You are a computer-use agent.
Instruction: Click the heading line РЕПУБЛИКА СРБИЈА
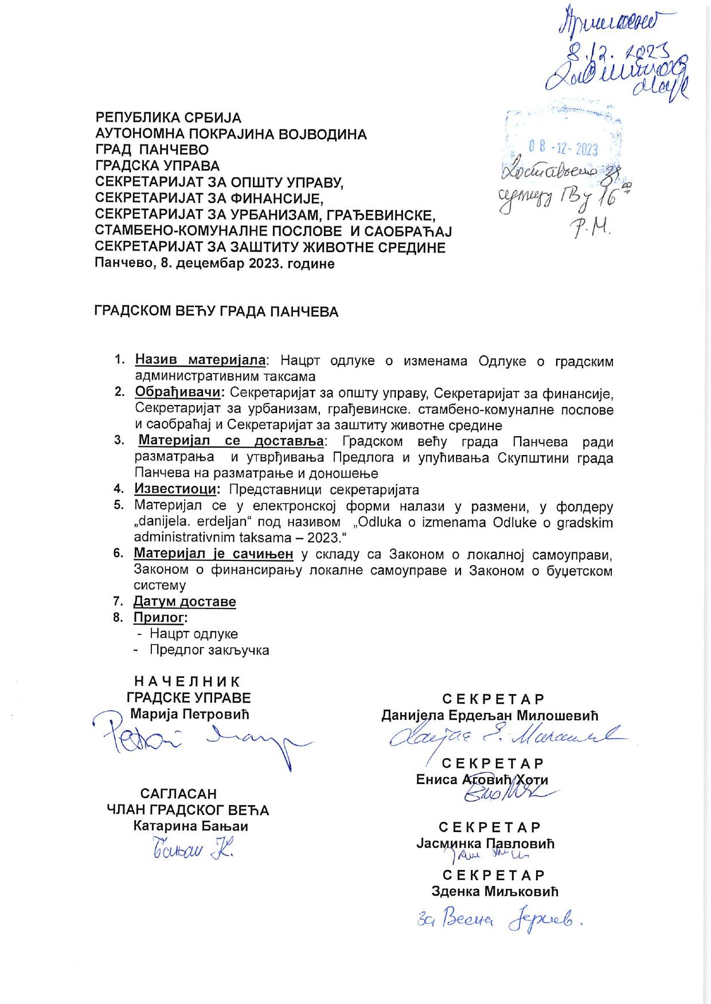click(168, 118)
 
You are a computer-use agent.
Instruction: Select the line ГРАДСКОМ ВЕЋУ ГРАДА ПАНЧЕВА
click(216, 312)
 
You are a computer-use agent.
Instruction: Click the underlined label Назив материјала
click(200, 360)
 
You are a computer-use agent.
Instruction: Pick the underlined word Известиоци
click(175, 489)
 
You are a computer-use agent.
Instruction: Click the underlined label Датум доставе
click(185, 602)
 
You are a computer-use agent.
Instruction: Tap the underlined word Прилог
click(160, 617)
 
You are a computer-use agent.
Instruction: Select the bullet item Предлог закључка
click(209, 650)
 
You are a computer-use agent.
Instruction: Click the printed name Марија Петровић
click(190, 714)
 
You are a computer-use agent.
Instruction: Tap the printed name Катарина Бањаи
click(190, 826)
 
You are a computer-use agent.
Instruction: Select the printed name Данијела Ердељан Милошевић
click(490, 715)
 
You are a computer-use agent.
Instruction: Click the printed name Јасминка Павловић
click(485, 844)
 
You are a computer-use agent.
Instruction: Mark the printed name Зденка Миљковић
click(494, 892)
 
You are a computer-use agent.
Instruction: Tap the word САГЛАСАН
click(178, 794)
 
